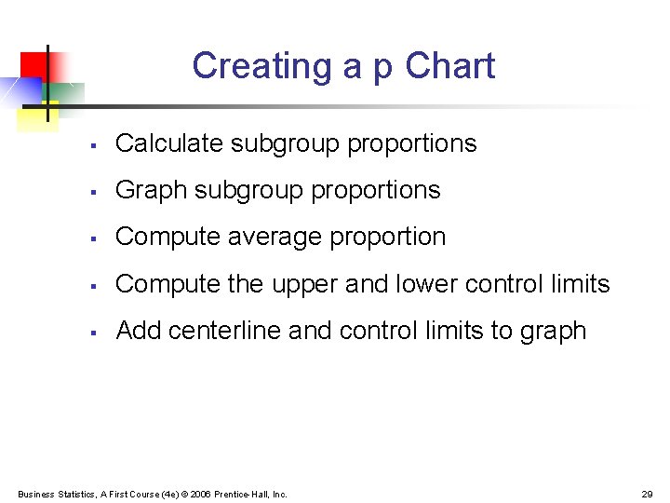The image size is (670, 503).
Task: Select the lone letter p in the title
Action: pyautogui.click(x=382, y=69)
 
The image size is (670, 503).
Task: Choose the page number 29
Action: pyautogui.click(x=648, y=494)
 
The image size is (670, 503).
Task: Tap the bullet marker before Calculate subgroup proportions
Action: pyautogui.click(x=93, y=145)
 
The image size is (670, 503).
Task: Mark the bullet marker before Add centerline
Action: pyautogui.click(x=93, y=333)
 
